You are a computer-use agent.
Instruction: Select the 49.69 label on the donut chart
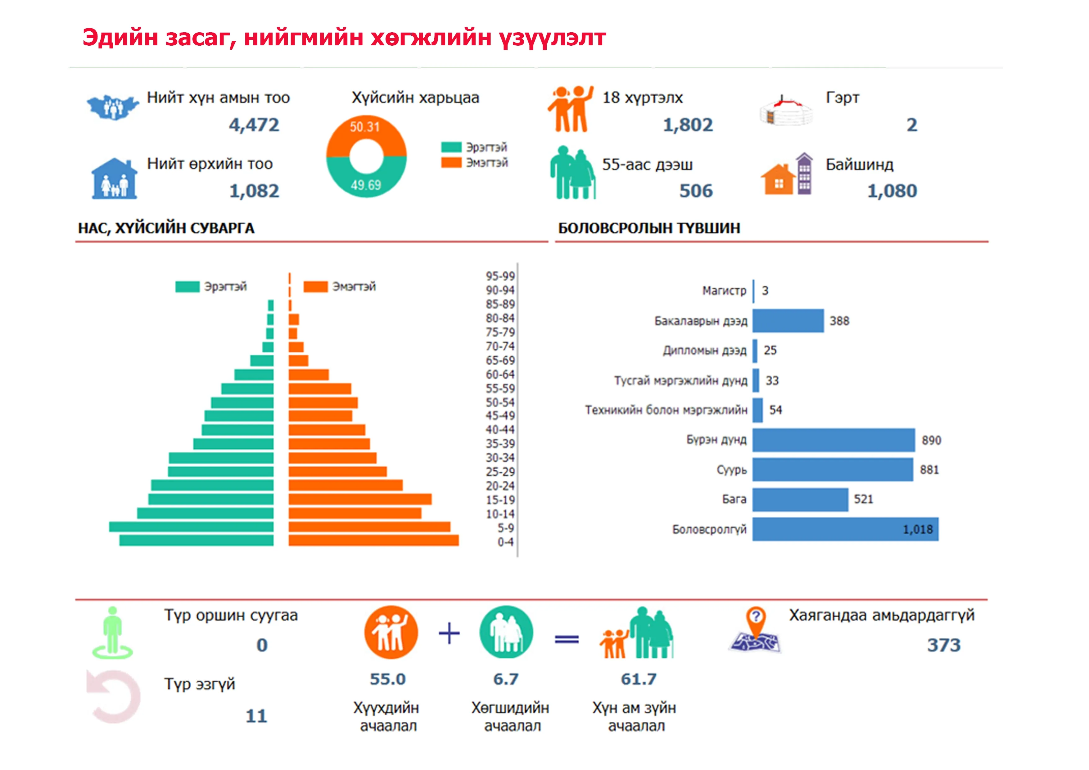pyautogui.click(x=366, y=185)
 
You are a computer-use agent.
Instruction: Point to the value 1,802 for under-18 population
pyautogui.click(x=687, y=125)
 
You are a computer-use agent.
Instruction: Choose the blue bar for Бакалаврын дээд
pyautogui.click(x=788, y=321)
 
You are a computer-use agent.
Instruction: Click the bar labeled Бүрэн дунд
pyautogui.click(x=833, y=440)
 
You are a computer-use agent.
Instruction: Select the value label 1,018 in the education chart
pyautogui.click(x=917, y=529)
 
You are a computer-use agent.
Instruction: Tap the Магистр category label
pyautogui.click(x=724, y=290)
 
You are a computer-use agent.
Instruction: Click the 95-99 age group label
pyautogui.click(x=500, y=276)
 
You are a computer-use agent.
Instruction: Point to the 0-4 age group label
pyautogui.click(x=505, y=542)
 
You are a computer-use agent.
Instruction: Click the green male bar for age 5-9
pyautogui.click(x=191, y=527)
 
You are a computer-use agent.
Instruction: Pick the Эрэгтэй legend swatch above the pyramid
pyautogui.click(x=188, y=287)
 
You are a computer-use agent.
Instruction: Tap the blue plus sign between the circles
pyautogui.click(x=449, y=633)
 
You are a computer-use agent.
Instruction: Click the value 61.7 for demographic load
pyautogui.click(x=639, y=679)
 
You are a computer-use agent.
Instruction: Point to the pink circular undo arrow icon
pyautogui.click(x=114, y=696)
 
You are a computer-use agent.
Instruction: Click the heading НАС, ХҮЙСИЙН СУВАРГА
pyautogui.click(x=166, y=228)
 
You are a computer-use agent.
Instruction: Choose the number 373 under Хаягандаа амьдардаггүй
pyautogui.click(x=943, y=645)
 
